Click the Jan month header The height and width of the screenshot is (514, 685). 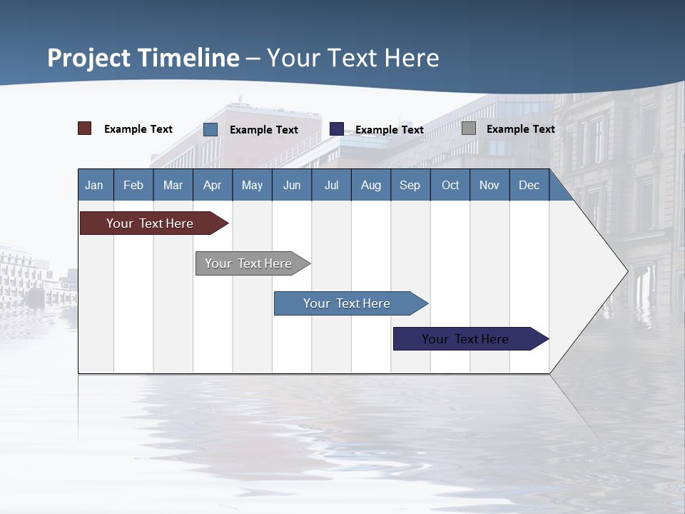[x=94, y=185]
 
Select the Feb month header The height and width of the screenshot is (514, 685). [x=133, y=185]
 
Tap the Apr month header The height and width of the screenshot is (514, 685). [x=212, y=185]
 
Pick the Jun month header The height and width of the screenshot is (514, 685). [x=292, y=185]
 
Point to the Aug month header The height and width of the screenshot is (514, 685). [x=370, y=185]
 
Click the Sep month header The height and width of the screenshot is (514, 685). [x=410, y=185]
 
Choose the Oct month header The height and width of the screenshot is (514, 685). [x=450, y=185]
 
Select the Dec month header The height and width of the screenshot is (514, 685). [x=529, y=185]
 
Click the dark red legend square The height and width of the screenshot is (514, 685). [x=85, y=128]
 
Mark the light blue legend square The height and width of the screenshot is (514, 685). [x=210, y=129]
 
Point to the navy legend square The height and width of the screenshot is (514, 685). [x=337, y=129]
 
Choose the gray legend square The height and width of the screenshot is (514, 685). [x=469, y=128]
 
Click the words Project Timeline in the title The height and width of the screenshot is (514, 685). [x=143, y=58]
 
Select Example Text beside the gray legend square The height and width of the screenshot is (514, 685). [x=520, y=129]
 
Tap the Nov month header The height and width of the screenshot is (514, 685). [x=489, y=185]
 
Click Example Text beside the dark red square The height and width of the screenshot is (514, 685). [x=138, y=129]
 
